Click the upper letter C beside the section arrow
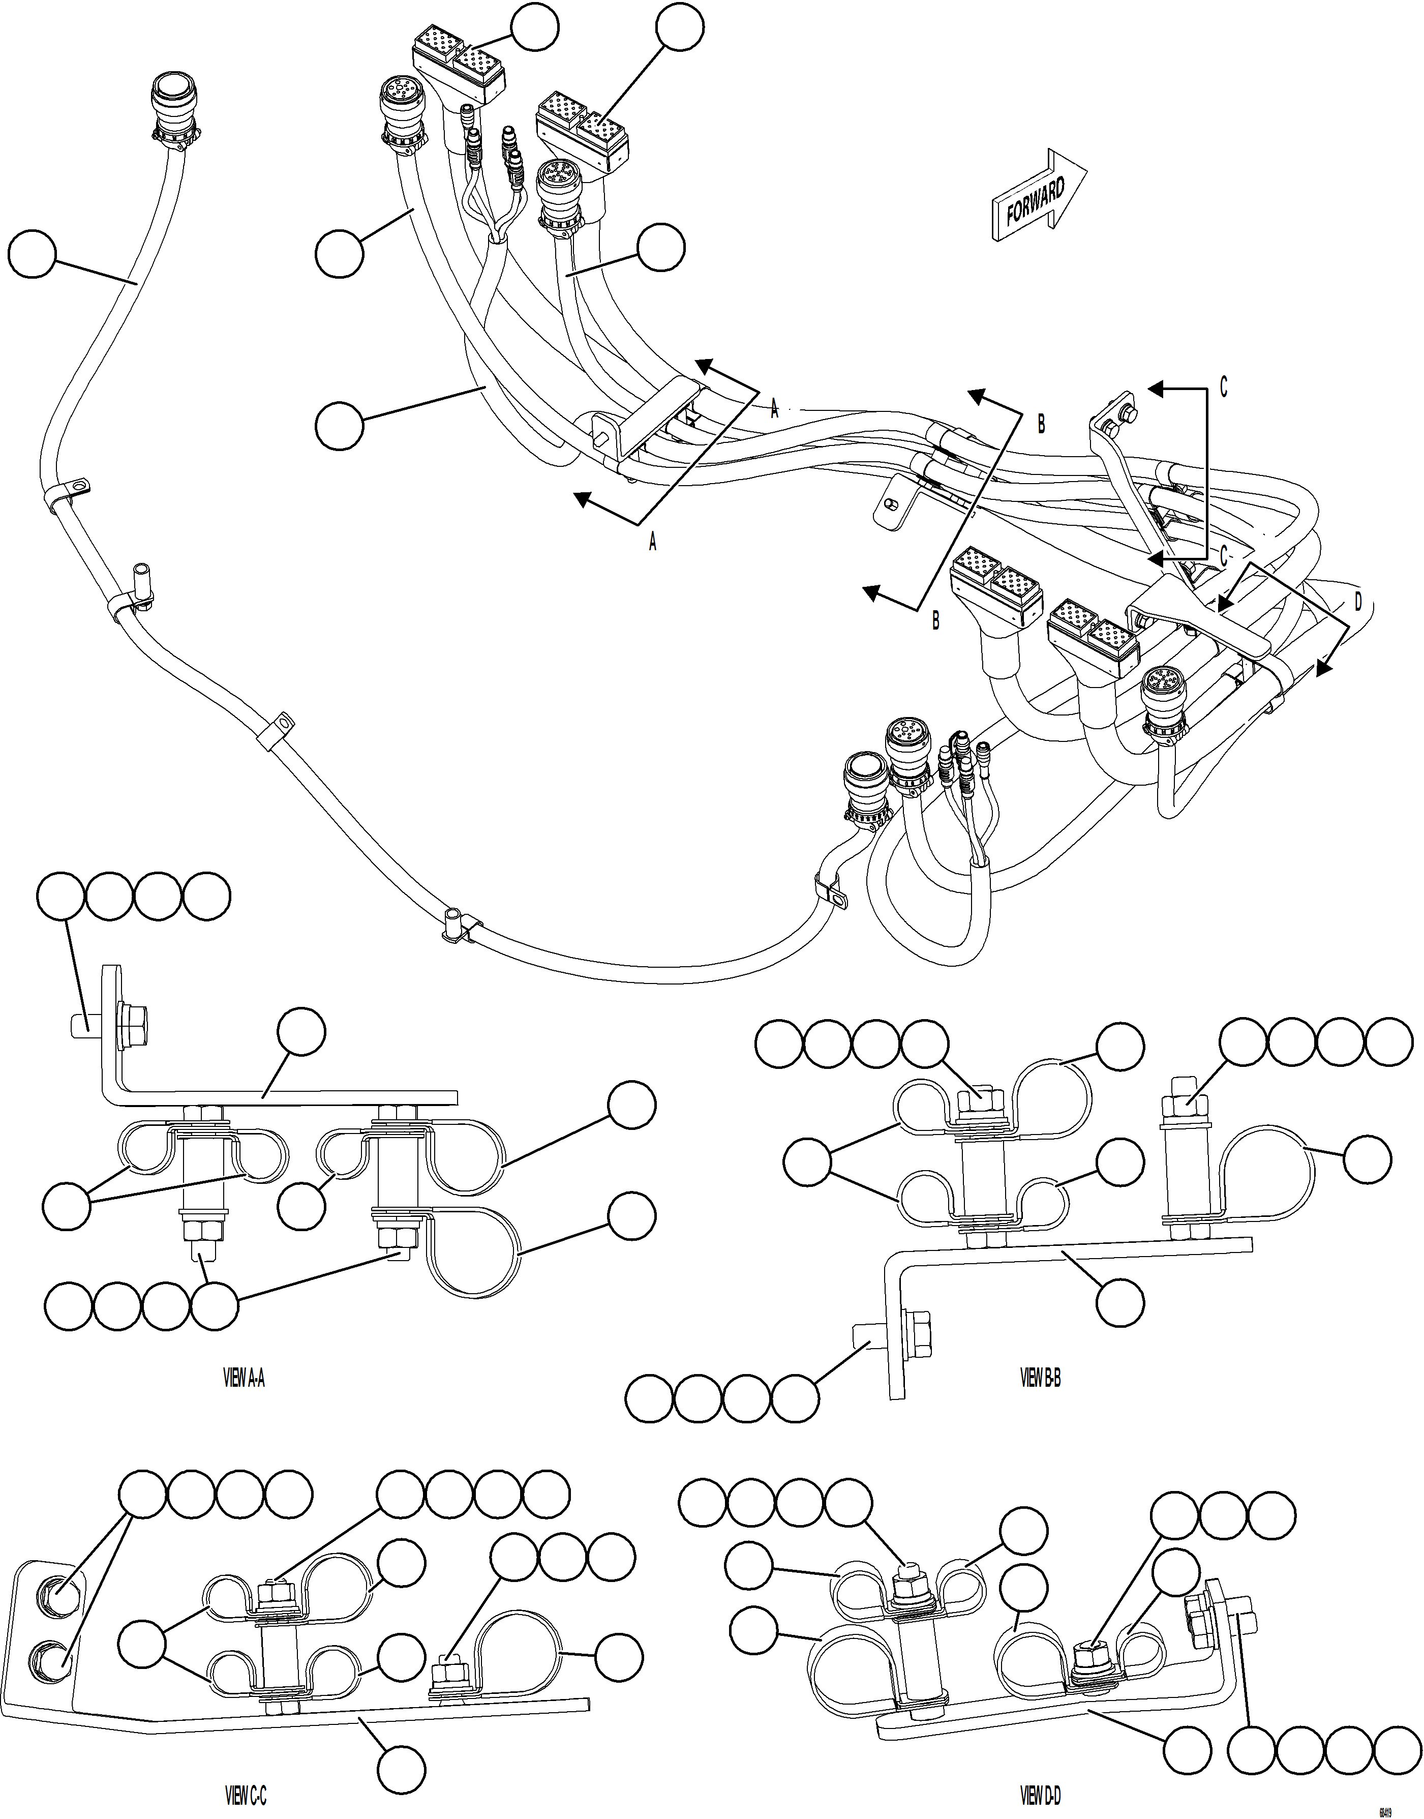pyautogui.click(x=1223, y=389)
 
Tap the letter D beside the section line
pyautogui.click(x=1357, y=601)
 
